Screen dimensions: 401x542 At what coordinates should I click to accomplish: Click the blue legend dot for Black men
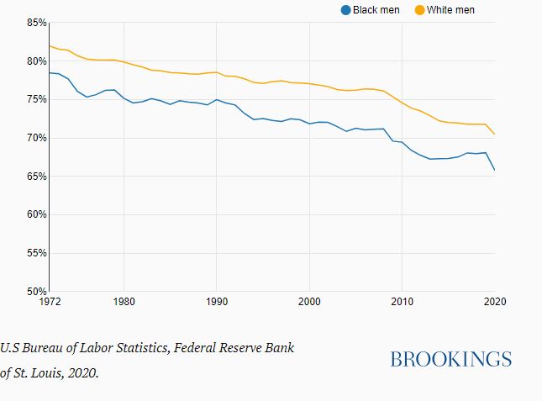click(x=345, y=10)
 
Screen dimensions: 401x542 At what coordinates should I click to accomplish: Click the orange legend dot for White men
click(x=419, y=10)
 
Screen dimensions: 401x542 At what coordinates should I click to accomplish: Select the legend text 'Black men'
click(x=376, y=10)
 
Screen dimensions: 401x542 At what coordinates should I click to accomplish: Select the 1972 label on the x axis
click(x=50, y=300)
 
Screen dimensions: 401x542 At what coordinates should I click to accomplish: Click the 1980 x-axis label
click(x=124, y=300)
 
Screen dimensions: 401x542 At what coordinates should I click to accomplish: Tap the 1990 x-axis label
click(x=217, y=300)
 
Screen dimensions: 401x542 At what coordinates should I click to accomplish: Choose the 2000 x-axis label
click(x=309, y=300)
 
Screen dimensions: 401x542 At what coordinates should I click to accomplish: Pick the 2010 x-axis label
click(x=403, y=300)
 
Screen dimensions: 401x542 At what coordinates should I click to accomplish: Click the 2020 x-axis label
click(x=494, y=300)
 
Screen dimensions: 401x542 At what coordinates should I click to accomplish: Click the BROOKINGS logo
click(x=450, y=359)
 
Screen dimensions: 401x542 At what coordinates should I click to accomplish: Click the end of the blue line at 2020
click(x=495, y=170)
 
